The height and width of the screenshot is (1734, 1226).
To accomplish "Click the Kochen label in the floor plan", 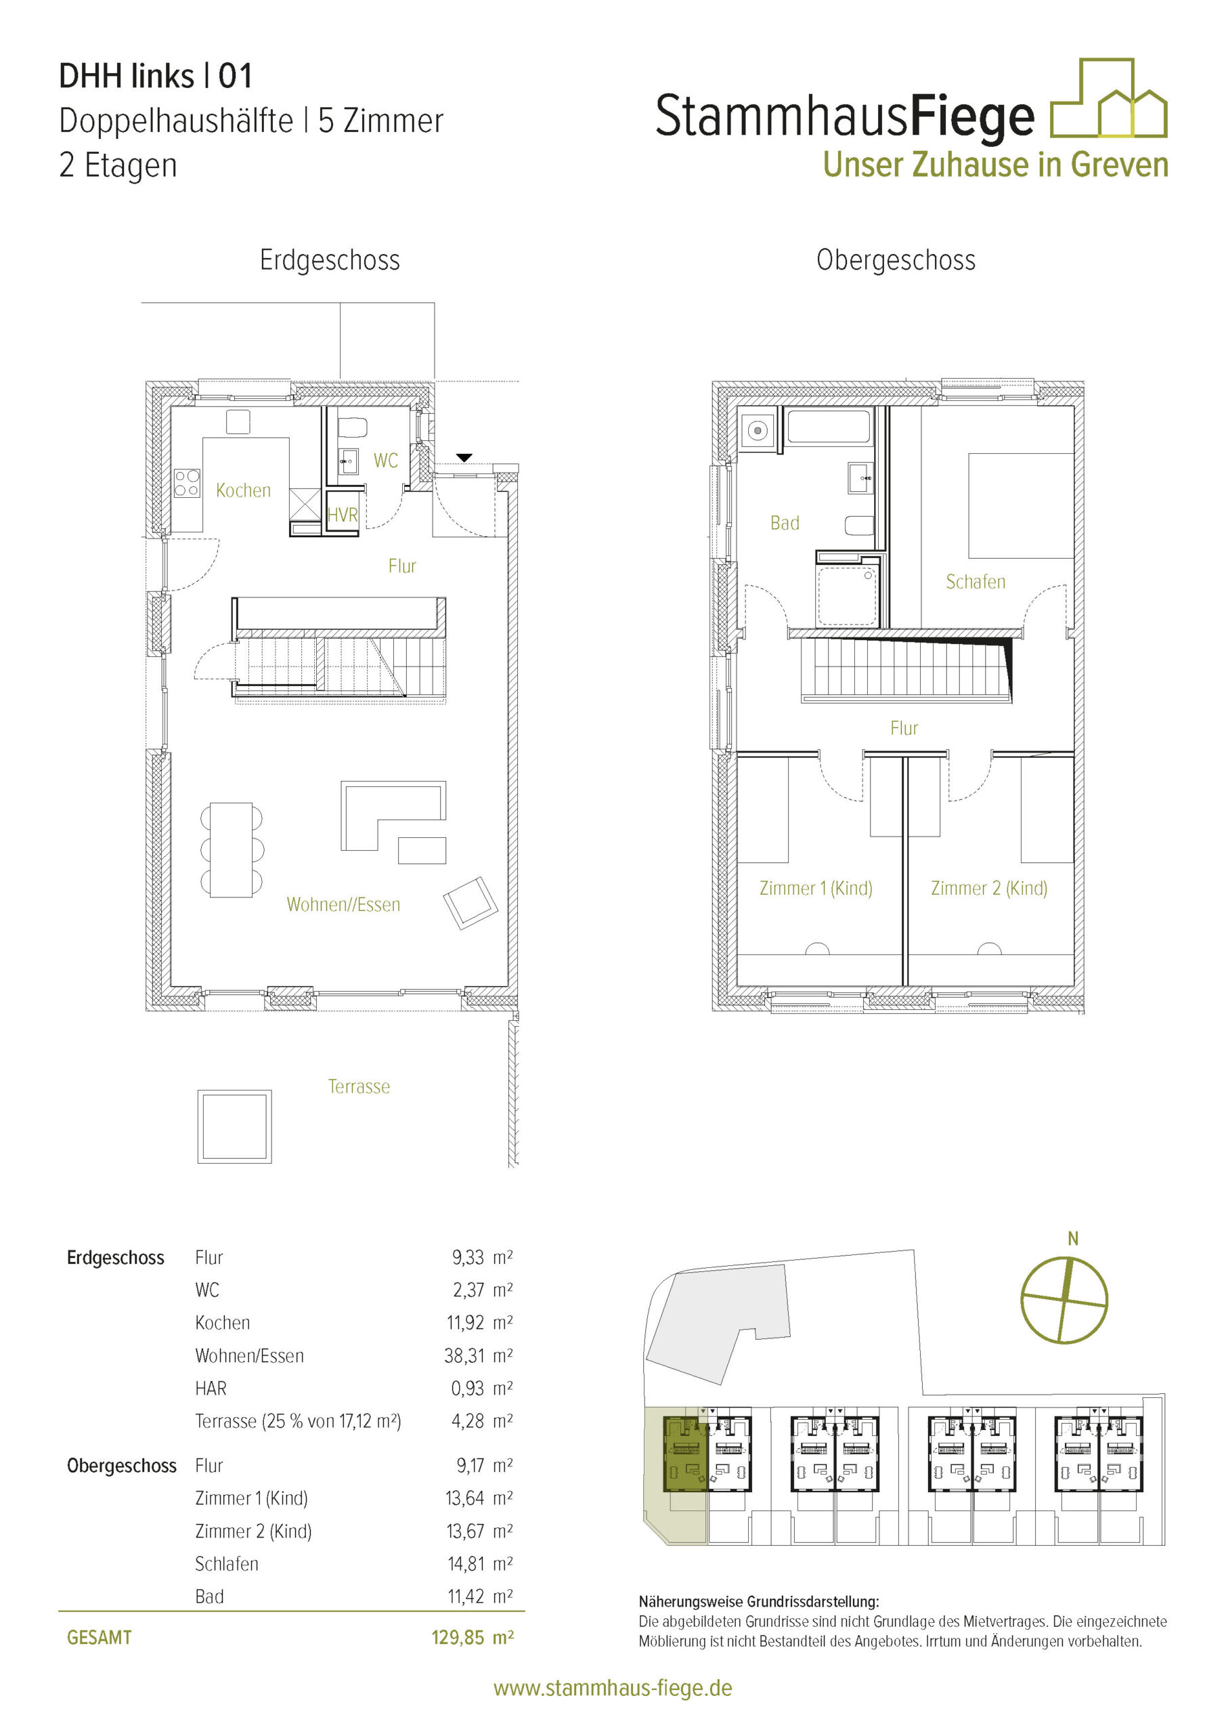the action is tap(243, 491).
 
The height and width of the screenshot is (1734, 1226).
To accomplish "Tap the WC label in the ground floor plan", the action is tap(385, 461).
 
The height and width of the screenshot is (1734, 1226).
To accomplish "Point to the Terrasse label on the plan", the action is tap(359, 1086).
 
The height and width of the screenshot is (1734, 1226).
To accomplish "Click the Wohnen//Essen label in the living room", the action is tap(343, 905).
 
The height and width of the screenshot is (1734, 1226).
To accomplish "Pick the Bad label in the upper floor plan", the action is tap(785, 524).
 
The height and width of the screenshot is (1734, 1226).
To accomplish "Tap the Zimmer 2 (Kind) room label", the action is tap(989, 888).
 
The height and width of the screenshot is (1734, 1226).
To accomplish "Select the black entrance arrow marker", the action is tap(464, 458).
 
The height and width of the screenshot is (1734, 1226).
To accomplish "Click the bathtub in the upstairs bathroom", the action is tap(828, 427).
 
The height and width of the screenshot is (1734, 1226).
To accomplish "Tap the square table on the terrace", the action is tap(235, 1127).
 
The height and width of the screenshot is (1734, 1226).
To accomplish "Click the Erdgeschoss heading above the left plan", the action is tap(330, 260).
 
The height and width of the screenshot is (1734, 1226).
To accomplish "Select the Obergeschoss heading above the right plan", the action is tap(896, 260).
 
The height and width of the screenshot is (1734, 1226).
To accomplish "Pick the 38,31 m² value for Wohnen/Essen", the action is tap(479, 1355).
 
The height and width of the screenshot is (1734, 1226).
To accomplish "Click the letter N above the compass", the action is tap(1073, 1239).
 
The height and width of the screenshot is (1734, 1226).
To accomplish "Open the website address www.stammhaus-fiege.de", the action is tap(613, 1689).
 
